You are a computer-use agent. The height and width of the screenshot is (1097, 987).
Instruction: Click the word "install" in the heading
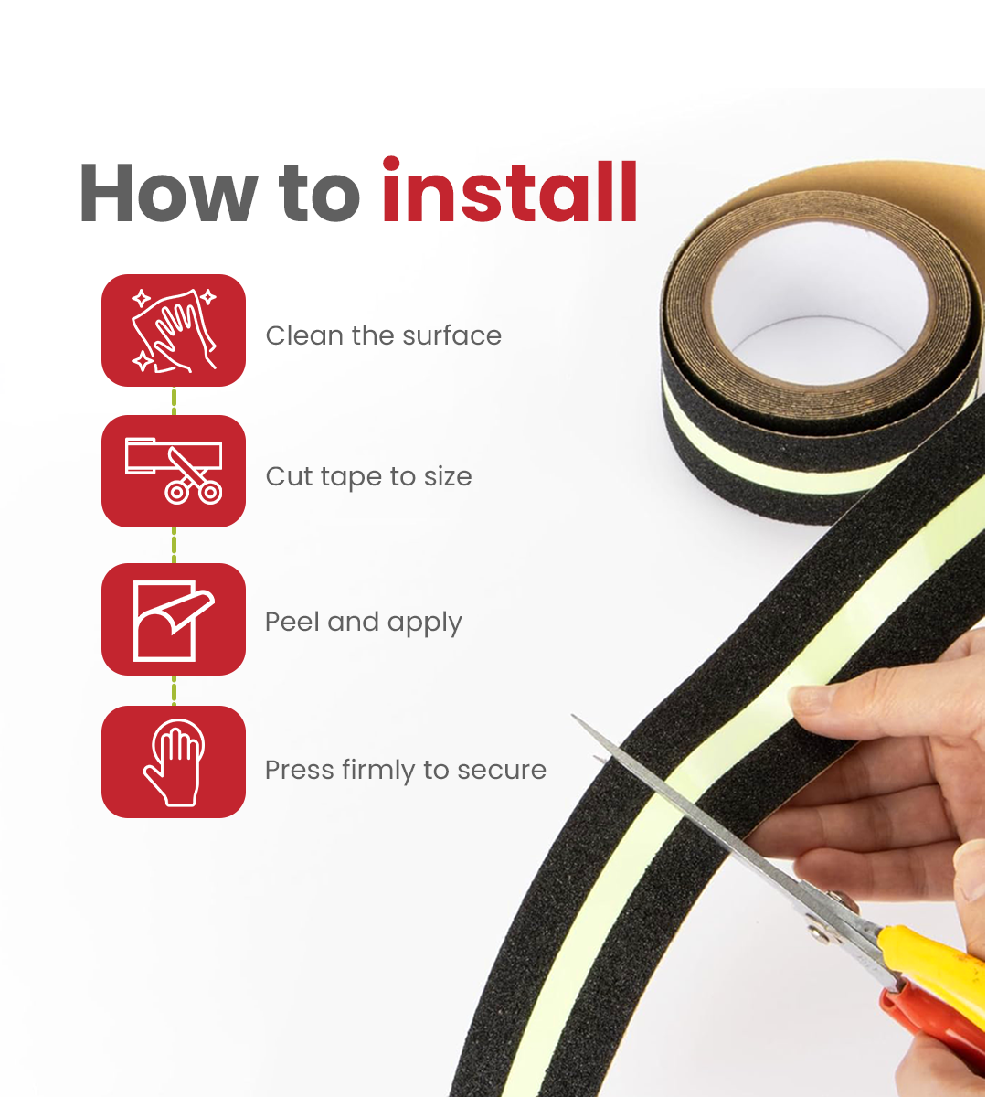tap(509, 193)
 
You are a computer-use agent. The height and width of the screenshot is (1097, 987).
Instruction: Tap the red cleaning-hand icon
tap(174, 330)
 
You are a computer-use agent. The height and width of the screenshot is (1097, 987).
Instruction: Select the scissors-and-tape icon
tap(174, 471)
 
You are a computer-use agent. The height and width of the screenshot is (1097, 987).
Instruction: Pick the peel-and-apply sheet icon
tap(174, 619)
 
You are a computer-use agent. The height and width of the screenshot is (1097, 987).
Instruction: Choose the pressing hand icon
tap(174, 762)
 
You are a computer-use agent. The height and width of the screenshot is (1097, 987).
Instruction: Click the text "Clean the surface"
tap(383, 335)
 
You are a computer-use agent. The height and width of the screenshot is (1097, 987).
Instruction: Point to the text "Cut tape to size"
tap(368, 476)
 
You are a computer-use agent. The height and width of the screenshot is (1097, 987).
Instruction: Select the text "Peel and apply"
tap(363, 623)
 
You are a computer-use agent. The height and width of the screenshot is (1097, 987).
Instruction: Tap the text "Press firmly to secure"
tap(405, 770)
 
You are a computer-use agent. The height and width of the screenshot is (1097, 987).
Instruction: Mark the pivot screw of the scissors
tap(816, 931)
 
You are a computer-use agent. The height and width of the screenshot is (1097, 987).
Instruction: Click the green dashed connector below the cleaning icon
tap(174, 400)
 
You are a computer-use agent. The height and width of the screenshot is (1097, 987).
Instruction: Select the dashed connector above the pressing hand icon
tap(174, 690)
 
